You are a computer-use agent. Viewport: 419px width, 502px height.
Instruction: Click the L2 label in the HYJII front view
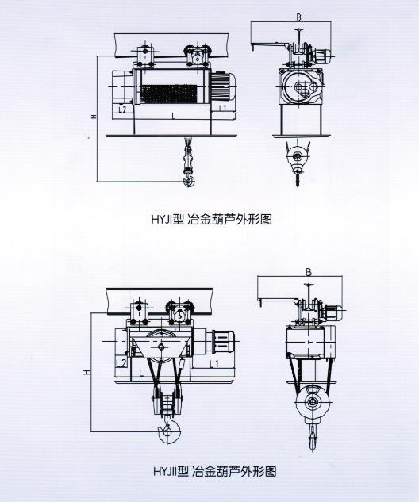(x=121, y=362)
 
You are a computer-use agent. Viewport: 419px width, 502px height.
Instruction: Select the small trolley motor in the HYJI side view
(x=322, y=56)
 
